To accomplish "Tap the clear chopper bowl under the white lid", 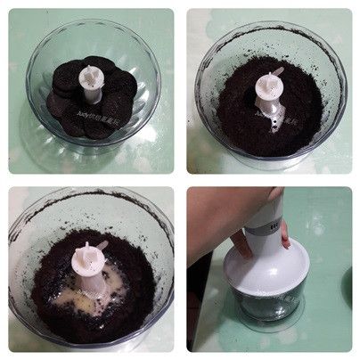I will click(267, 308).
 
